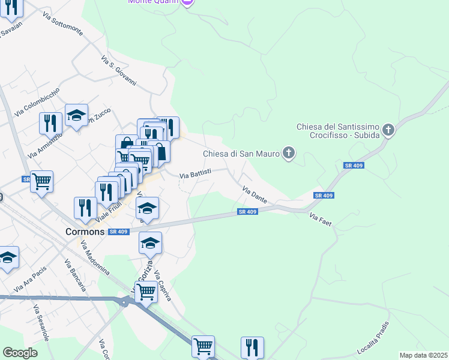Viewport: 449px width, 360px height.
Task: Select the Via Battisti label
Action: (x=195, y=175)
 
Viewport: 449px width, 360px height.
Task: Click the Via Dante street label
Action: (x=255, y=194)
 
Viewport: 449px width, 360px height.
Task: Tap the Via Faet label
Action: (x=321, y=219)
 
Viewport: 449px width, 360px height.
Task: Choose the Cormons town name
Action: (x=85, y=232)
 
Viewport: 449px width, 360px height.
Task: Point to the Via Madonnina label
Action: (x=95, y=257)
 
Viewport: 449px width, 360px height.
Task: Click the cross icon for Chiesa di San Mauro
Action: (x=289, y=154)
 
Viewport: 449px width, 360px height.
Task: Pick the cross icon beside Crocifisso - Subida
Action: (x=389, y=130)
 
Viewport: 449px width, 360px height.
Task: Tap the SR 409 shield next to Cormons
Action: (x=118, y=232)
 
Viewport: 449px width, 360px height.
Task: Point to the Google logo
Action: (x=20, y=352)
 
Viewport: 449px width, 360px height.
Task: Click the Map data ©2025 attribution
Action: (x=423, y=355)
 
